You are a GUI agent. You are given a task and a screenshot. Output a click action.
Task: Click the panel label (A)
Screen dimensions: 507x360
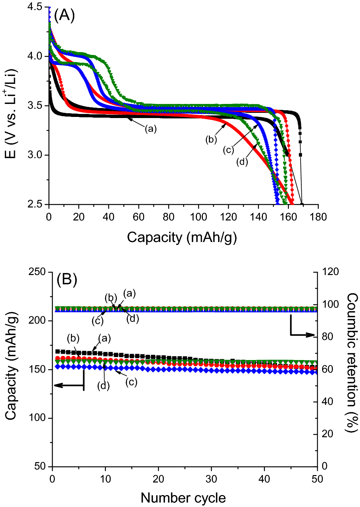click(64, 16)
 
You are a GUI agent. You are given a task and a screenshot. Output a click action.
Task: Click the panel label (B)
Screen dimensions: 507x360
click(67, 279)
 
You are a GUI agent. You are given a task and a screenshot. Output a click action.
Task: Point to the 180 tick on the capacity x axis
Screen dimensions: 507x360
click(318, 217)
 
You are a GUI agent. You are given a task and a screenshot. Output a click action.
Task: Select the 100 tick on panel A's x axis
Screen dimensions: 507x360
click(198, 217)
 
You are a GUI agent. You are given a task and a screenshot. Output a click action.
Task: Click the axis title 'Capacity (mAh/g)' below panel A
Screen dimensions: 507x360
click(182, 237)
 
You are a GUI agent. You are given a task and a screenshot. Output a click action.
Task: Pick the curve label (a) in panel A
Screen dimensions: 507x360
click(150, 129)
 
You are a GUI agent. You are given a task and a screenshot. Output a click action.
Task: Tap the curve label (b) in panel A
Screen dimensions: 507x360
click(211, 140)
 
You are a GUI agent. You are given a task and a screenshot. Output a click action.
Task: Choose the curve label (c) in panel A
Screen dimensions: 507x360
click(228, 150)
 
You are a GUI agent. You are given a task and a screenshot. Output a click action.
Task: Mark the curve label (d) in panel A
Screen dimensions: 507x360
click(242, 162)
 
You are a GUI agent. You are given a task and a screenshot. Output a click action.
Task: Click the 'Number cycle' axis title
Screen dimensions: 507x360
click(183, 498)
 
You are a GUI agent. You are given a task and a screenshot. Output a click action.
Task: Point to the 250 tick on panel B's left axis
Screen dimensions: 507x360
click(37, 272)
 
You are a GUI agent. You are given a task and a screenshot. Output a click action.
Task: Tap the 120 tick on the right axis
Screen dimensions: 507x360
click(330, 272)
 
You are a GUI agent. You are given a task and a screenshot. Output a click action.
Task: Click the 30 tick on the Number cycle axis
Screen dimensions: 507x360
click(211, 479)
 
